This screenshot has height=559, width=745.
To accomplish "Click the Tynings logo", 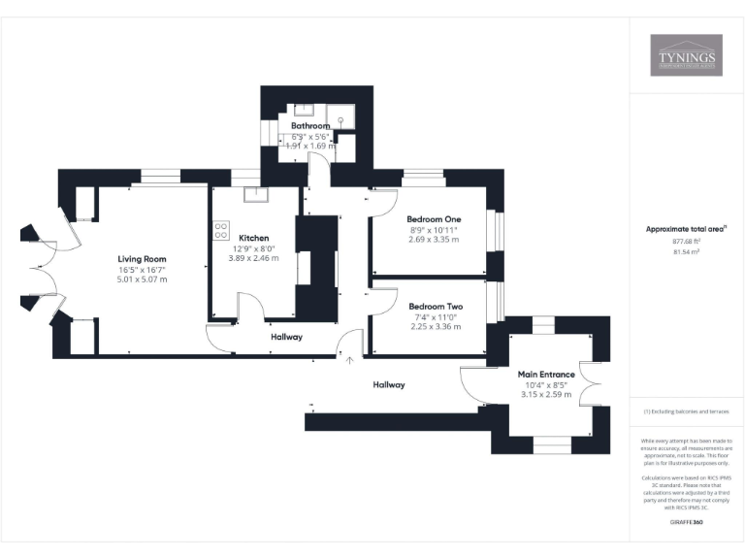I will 686,55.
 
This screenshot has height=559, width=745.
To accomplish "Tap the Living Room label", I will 143,259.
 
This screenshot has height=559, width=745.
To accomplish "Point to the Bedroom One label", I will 434,219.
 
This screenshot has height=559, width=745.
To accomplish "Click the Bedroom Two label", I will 435,306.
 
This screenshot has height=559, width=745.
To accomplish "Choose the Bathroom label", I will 311,126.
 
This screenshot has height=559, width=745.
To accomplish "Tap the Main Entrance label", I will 546,375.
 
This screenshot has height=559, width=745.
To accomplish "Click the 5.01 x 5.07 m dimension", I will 143,279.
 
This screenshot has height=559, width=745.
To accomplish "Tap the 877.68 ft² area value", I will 686,241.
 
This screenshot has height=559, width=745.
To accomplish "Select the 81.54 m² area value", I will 686,251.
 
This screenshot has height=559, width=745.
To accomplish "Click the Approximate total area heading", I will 685,229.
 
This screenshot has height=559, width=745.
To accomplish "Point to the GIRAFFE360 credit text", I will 686,522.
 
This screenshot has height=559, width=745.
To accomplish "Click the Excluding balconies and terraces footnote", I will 686,411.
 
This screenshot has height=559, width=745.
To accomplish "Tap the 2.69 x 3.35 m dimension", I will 434,240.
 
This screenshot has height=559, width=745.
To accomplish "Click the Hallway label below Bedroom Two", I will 389,385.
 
